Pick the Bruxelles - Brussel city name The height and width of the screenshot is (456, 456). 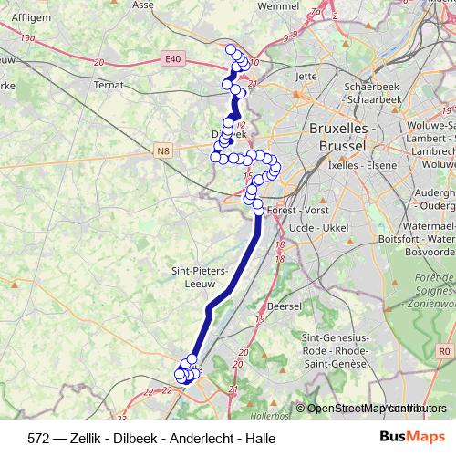343,137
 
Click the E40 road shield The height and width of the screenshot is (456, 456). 173,59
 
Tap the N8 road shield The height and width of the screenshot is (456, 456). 162,150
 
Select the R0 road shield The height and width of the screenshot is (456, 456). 444,350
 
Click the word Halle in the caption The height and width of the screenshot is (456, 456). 257,437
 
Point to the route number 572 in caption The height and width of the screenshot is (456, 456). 39,437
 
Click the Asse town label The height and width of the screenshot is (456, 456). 143,5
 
